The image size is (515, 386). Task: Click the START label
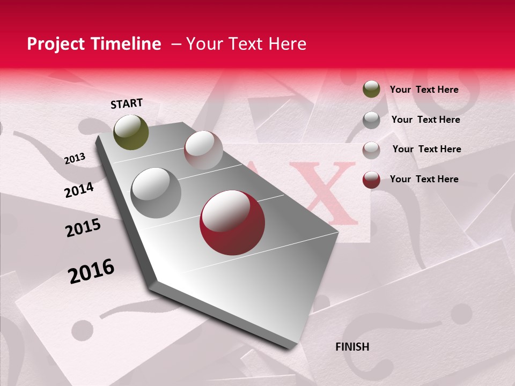[x=127, y=103]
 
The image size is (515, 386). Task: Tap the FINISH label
[x=352, y=347]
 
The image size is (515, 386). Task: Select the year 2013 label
[x=75, y=159]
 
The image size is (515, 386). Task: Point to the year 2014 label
[x=79, y=190]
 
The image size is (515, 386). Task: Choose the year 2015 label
[x=83, y=228]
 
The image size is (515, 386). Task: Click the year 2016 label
[x=91, y=271]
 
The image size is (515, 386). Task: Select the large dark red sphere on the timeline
[x=232, y=222]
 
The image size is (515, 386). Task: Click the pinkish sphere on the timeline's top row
[x=203, y=150]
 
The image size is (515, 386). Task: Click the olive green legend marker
[x=371, y=90]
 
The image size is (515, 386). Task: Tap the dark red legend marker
[x=371, y=180]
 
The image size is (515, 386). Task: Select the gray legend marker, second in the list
[x=371, y=120]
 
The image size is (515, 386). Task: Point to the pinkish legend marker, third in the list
[x=371, y=150]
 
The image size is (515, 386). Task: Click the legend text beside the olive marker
[x=424, y=90]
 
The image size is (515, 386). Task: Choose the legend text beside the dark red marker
[x=424, y=179]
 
